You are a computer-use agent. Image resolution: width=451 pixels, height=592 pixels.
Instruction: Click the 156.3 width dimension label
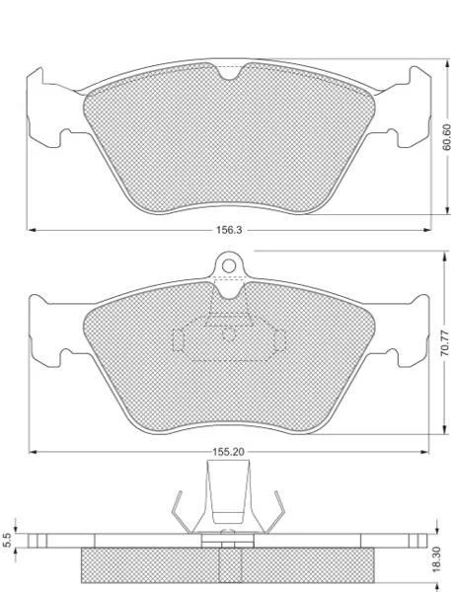(229, 230)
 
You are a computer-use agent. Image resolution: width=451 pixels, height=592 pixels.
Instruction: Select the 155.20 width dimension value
(228, 452)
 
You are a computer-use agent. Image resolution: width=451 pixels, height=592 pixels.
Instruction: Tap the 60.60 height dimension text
(446, 137)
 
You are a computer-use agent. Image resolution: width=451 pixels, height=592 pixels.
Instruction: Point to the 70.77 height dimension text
(446, 342)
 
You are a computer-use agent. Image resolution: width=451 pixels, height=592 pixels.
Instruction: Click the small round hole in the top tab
(229, 266)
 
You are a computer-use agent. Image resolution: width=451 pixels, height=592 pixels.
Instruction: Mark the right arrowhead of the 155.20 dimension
(424, 452)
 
